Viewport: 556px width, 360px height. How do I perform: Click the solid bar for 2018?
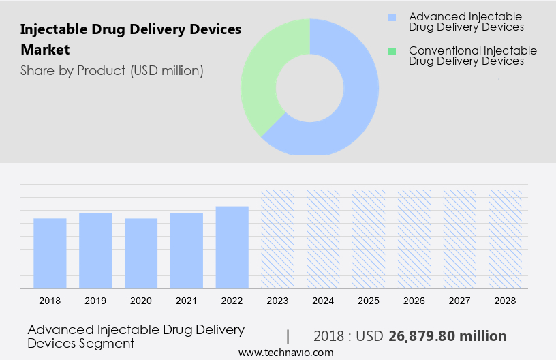click(x=50, y=253)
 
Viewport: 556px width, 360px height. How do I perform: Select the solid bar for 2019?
click(x=95, y=250)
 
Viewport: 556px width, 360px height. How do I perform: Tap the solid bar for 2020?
click(x=141, y=253)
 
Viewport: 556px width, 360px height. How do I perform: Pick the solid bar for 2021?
click(x=187, y=250)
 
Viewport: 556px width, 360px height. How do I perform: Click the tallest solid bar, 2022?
click(x=232, y=247)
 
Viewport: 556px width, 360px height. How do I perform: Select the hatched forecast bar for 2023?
click(x=278, y=239)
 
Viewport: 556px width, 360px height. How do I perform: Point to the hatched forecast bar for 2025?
click(x=369, y=239)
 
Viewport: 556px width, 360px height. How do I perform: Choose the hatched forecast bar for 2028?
click(x=506, y=239)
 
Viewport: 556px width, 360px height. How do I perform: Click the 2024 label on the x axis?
click(x=323, y=300)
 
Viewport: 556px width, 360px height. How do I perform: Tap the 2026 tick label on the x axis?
click(x=414, y=300)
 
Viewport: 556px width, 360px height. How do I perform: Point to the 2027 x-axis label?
click(x=460, y=300)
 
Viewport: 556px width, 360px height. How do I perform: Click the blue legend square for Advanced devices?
click(x=392, y=16)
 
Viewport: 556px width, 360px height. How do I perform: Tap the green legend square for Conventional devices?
click(x=392, y=51)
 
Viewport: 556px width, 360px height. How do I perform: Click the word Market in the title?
click(x=45, y=50)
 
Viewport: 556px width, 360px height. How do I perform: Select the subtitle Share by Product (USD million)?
click(x=112, y=70)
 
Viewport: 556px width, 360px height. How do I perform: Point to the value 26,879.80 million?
click(x=447, y=336)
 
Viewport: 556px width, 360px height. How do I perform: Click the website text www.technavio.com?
click(x=286, y=352)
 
